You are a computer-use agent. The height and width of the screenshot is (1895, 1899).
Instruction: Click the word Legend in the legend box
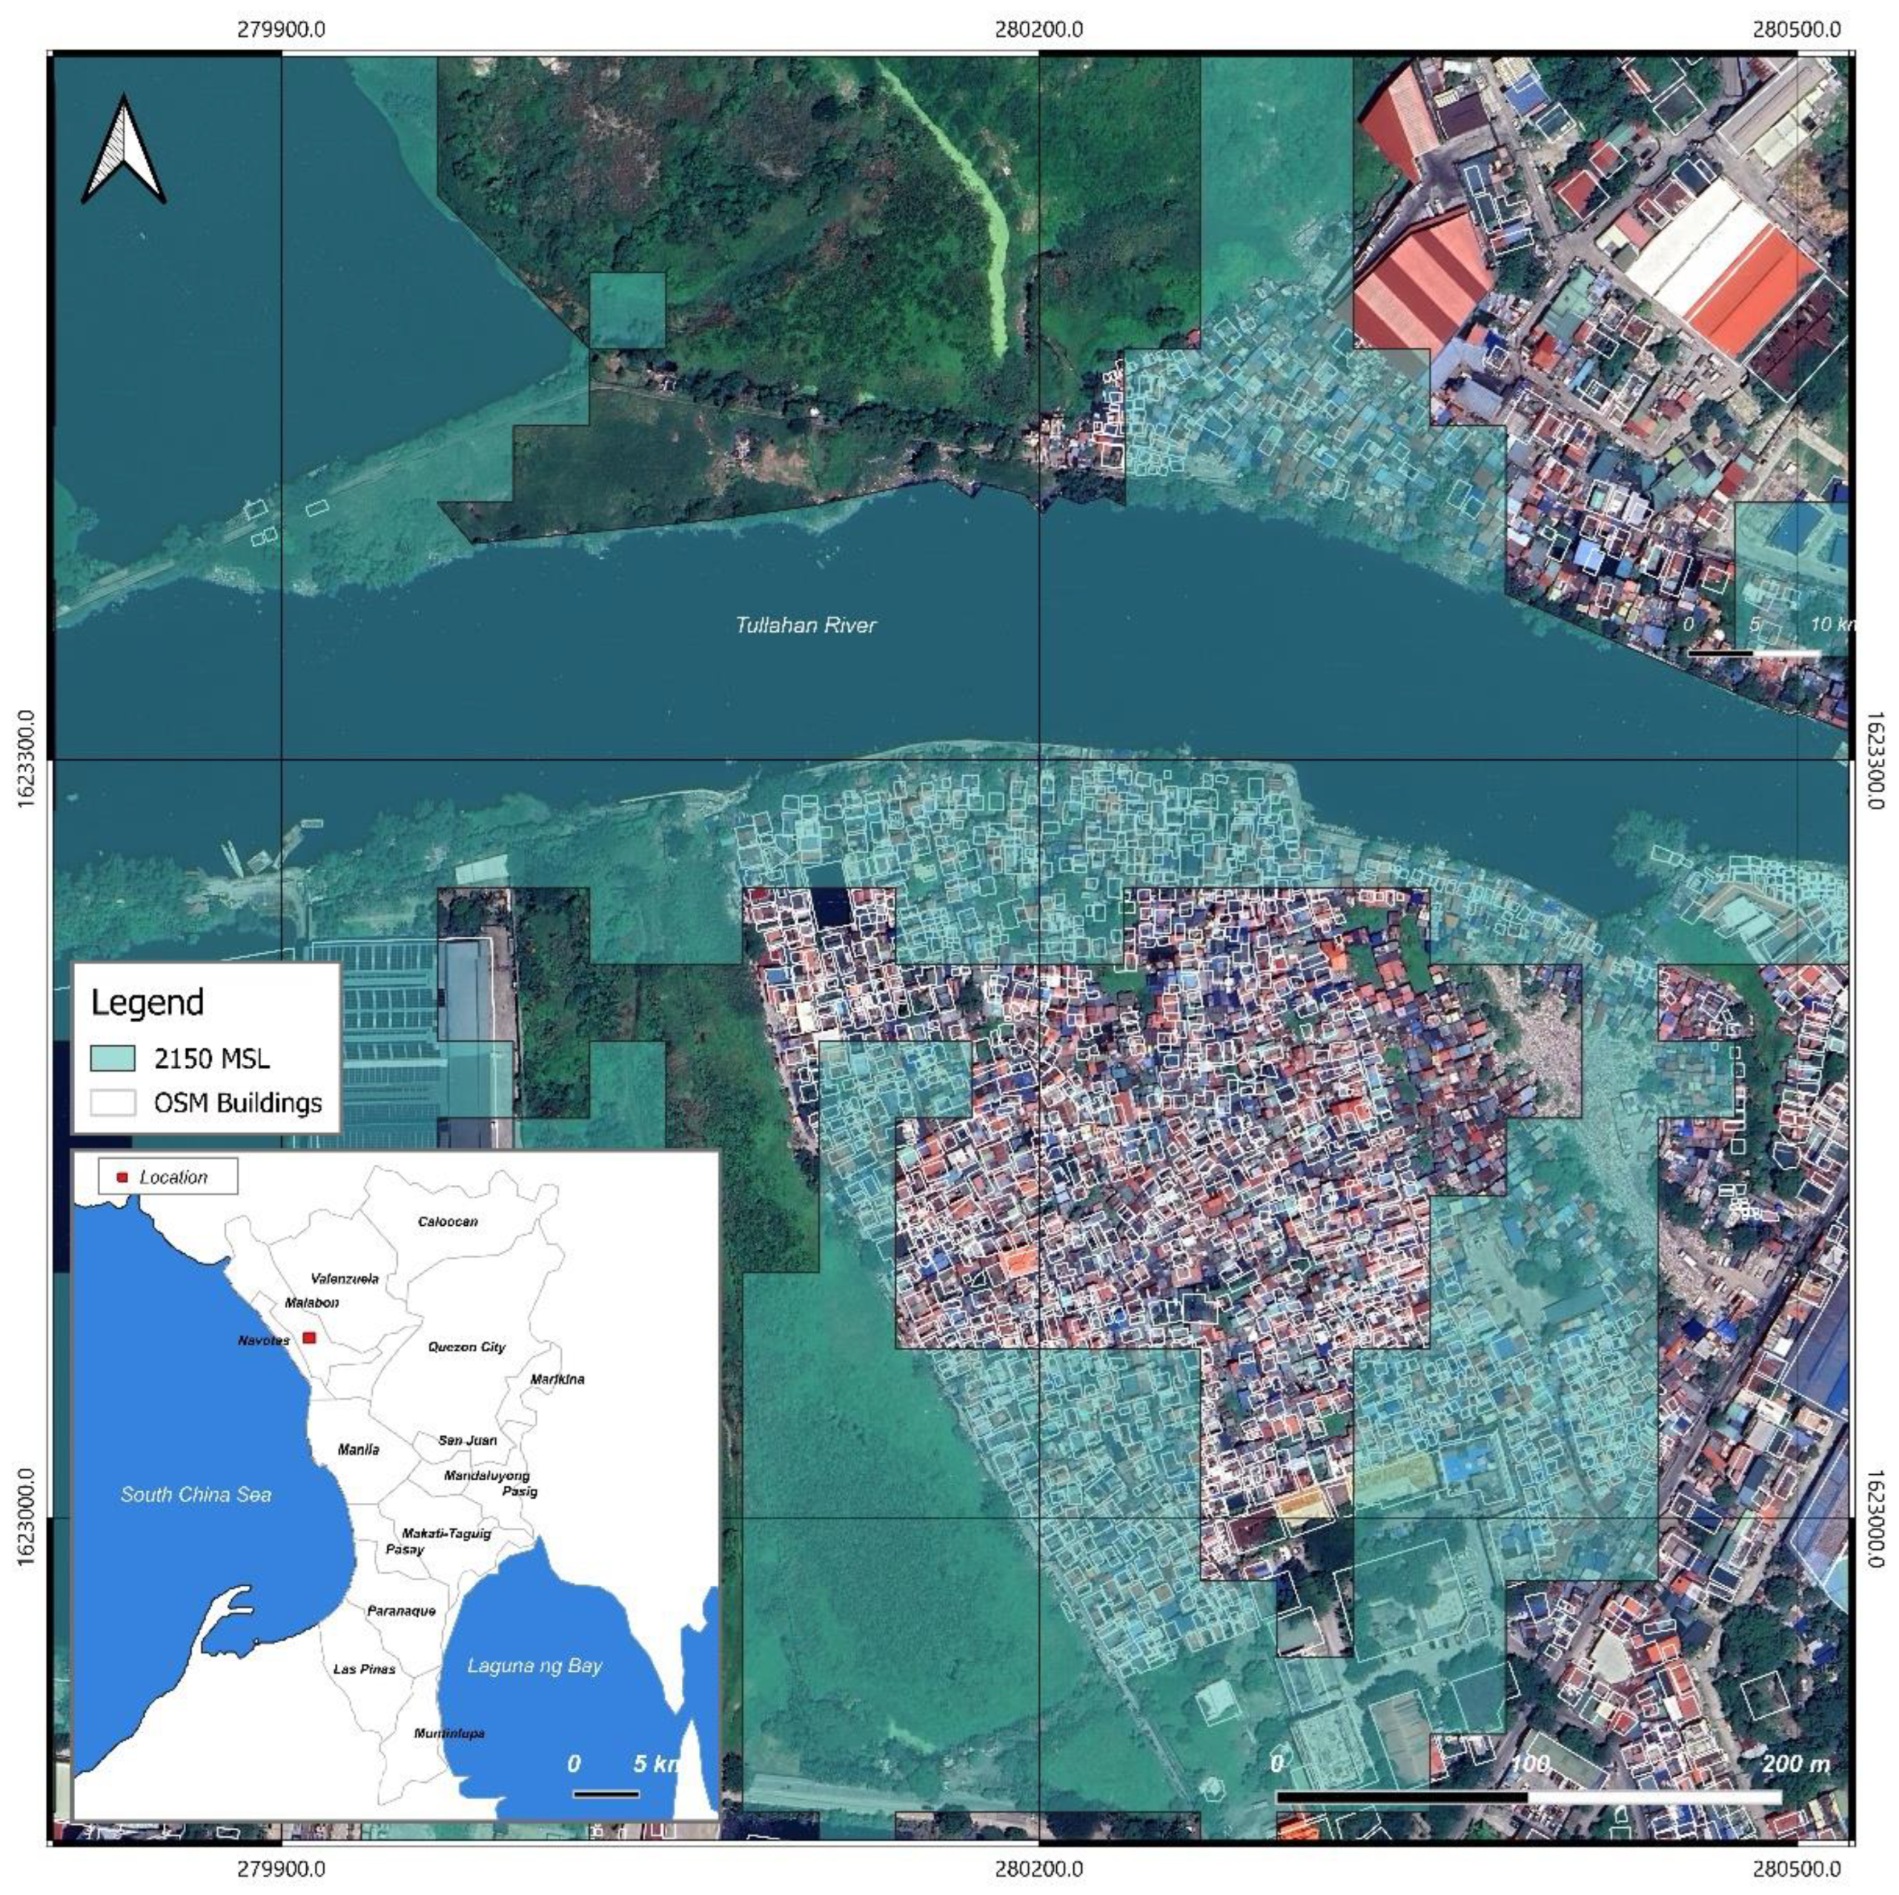[147, 1003]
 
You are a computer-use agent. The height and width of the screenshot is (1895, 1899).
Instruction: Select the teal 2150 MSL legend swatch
[112, 1058]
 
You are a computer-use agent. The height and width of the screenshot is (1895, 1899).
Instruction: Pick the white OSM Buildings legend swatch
[112, 1103]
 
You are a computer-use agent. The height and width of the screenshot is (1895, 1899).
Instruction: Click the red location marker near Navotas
[310, 1338]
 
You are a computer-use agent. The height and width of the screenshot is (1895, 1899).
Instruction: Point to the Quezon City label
[466, 1347]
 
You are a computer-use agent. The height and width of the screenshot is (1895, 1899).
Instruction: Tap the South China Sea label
[195, 1494]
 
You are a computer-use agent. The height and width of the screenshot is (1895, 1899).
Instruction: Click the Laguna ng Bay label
[534, 1666]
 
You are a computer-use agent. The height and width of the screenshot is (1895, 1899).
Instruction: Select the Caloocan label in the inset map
[447, 1222]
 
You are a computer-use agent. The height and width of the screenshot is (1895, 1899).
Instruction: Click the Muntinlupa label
[449, 1733]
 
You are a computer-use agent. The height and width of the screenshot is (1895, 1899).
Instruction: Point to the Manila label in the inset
[358, 1448]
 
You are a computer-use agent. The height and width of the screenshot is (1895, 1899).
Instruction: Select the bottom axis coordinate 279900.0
[281, 1868]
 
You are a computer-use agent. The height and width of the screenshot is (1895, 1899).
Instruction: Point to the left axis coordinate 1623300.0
[26, 760]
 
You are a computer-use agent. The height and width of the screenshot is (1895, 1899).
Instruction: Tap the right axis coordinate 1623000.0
[1873, 1516]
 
